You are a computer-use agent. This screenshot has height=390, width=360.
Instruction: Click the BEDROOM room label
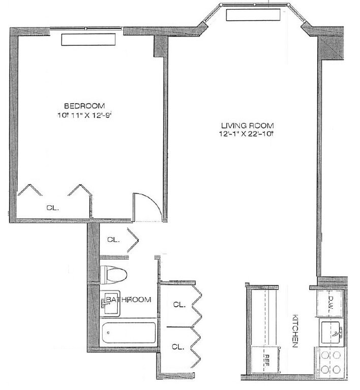tap(84, 106)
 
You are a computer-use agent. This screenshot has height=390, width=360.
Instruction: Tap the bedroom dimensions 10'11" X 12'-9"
tap(84, 115)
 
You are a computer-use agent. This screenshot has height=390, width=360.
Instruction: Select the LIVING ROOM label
tap(247, 125)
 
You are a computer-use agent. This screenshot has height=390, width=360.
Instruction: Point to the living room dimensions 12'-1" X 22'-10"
tap(247, 135)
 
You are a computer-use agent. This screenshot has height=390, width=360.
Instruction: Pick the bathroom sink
tap(112, 303)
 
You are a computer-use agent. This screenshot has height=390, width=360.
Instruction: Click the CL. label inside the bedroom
tap(52, 207)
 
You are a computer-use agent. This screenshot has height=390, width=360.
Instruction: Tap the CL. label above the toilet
tap(113, 239)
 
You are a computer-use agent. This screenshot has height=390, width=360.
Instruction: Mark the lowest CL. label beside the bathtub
tap(177, 347)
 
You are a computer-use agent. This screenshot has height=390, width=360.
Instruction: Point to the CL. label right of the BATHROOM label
tap(179, 305)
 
